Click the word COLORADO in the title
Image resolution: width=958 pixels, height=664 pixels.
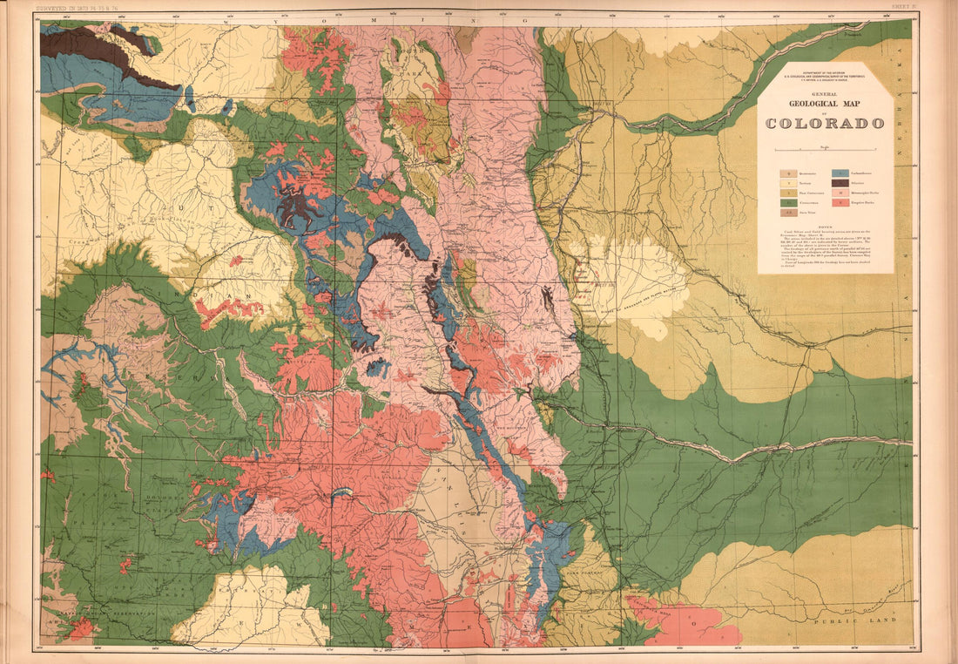(x=825, y=123)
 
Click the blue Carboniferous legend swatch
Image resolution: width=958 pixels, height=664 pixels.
(x=840, y=173)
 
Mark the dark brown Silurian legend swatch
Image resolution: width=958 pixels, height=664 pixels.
(x=840, y=183)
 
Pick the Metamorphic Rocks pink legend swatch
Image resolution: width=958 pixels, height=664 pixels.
(x=840, y=193)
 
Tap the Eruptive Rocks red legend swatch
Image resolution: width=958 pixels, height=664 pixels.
(x=840, y=204)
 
